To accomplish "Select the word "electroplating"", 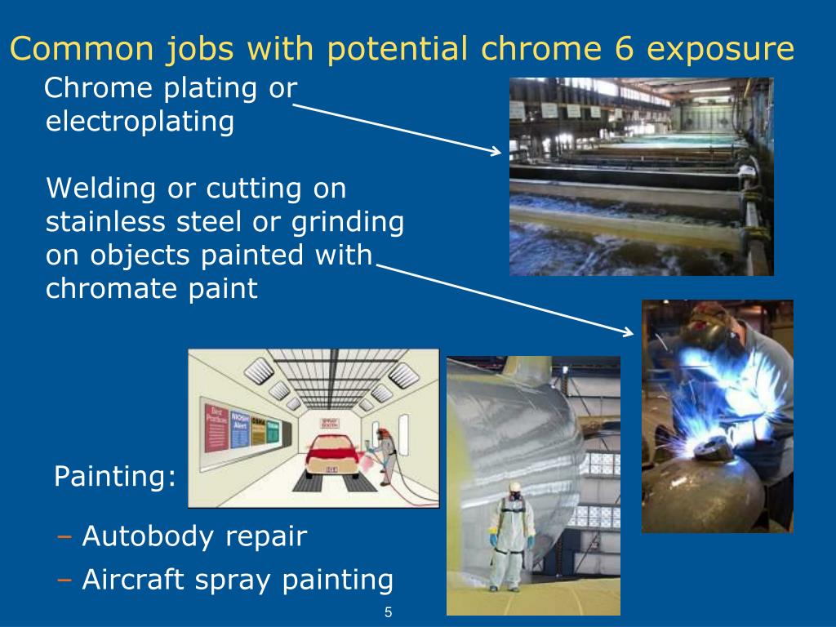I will [x=140, y=122].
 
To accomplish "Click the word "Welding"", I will [x=100, y=189].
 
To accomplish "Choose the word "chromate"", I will [x=105, y=288].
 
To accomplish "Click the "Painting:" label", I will [x=114, y=477].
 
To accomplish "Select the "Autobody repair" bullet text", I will [x=194, y=536].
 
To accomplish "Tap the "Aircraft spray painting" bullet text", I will [x=238, y=580].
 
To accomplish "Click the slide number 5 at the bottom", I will [x=389, y=612].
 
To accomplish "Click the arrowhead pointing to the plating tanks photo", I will [x=496, y=151].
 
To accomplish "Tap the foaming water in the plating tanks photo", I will [x=620, y=245].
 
